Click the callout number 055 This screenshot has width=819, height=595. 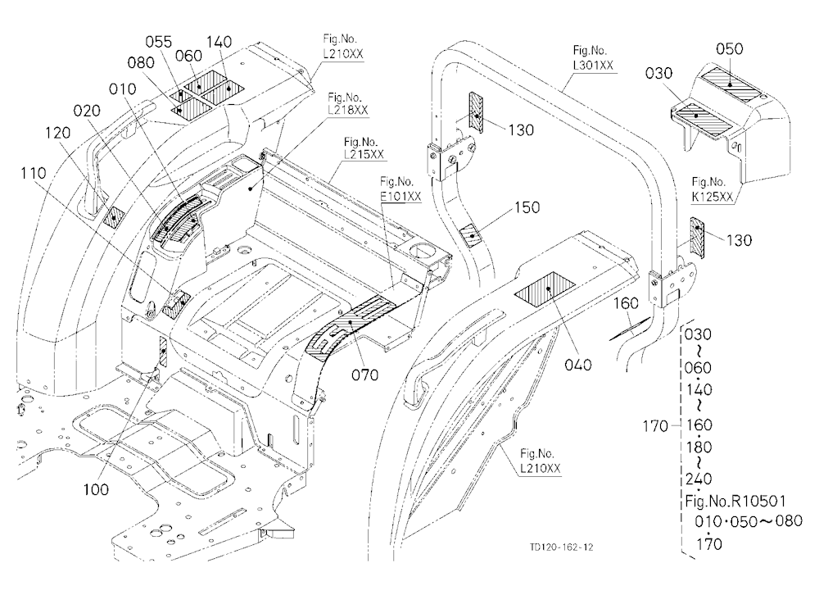point(159,42)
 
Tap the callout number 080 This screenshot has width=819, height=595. point(141,63)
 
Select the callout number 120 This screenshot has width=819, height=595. point(57,133)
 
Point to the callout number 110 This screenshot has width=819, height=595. point(34,173)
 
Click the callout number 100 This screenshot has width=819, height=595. point(97,489)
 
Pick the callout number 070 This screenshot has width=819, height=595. point(365,375)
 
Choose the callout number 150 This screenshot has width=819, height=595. point(527,207)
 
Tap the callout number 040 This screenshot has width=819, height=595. point(578,365)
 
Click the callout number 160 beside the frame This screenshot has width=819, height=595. point(626,303)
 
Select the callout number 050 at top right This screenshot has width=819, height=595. point(729,49)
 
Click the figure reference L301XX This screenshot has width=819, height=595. point(593,66)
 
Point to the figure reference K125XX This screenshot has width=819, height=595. point(713,197)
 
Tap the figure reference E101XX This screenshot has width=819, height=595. point(400,197)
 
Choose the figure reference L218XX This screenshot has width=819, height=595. point(348,111)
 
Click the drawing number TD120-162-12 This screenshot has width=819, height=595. point(561,547)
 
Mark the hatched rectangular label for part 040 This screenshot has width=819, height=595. point(545,289)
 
